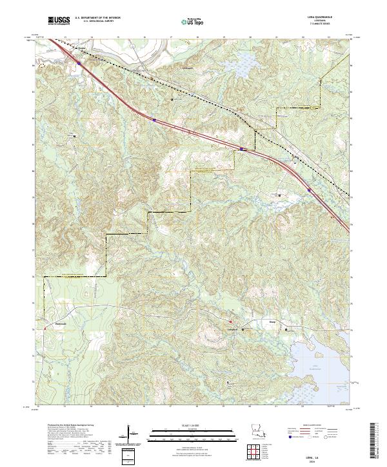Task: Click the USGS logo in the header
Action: pos(59,21)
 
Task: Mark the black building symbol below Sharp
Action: pos(287,329)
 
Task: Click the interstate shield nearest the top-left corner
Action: pos(79,62)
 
